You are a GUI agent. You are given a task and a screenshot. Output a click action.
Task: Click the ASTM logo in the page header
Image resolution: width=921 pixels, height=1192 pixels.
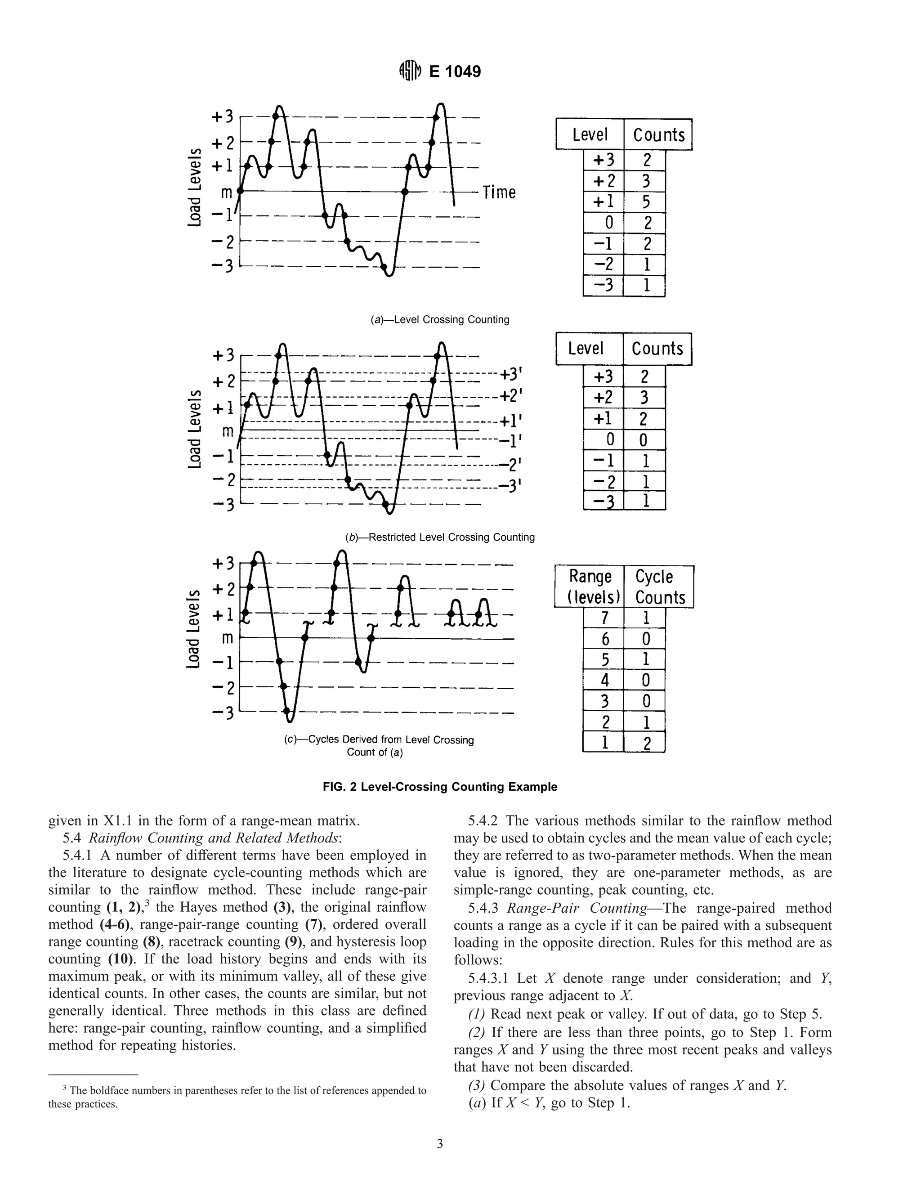point(410,72)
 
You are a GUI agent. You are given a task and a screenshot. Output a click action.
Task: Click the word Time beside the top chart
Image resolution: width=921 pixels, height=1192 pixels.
point(499,193)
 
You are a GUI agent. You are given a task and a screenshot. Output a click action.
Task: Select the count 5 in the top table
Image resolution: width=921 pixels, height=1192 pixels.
point(645,202)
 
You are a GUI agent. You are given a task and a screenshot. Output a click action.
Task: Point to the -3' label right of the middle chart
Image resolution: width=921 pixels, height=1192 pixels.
point(511,486)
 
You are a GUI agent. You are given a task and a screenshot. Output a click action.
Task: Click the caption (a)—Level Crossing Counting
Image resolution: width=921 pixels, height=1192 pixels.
point(440,320)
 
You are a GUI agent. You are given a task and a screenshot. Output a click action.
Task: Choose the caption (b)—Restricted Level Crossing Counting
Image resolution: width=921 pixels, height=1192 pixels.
point(440,537)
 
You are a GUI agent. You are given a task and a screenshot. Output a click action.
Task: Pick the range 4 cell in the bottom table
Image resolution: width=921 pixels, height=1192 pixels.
point(604,680)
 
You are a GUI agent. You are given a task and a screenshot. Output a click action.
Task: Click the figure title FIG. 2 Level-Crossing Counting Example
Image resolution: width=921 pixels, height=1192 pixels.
point(440,786)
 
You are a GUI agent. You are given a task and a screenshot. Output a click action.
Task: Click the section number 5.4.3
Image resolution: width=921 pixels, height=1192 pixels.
point(483,908)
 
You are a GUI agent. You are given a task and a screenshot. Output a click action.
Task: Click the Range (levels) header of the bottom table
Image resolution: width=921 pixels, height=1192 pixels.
point(589,587)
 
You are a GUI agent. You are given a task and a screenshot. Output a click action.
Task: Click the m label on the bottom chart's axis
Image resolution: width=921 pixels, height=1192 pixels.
point(227,637)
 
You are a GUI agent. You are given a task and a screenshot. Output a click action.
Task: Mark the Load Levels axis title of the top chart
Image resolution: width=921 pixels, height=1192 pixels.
point(194,187)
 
